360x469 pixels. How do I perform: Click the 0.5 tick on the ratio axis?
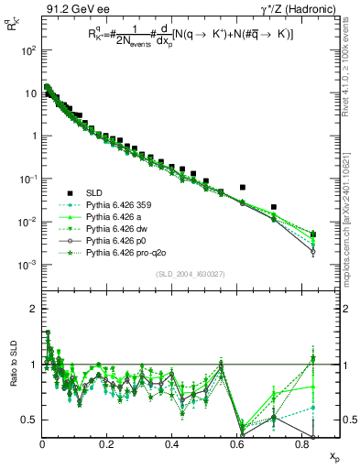[x=30, y=420]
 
